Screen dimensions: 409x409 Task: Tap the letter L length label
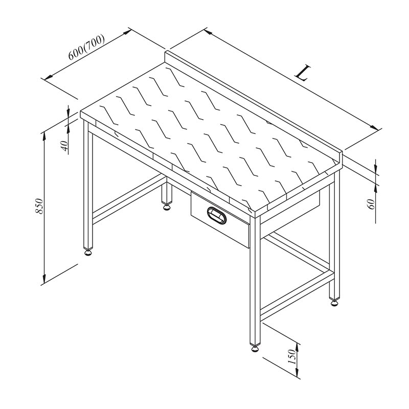pos(303,73)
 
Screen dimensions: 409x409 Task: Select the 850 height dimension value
pos(39,206)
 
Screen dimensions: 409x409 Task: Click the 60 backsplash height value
pos(371,203)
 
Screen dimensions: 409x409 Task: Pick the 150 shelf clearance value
pos(292,357)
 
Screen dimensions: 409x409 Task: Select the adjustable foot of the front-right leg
pos(255,348)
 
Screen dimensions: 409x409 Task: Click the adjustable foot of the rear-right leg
pos(335,303)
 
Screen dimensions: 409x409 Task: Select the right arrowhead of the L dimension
pos(374,127)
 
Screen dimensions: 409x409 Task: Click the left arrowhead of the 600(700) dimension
pos(49,77)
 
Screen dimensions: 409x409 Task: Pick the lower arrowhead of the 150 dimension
pos(297,372)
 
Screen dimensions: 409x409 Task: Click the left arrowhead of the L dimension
pos(208,32)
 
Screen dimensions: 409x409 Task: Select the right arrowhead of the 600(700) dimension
pos(127,32)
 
